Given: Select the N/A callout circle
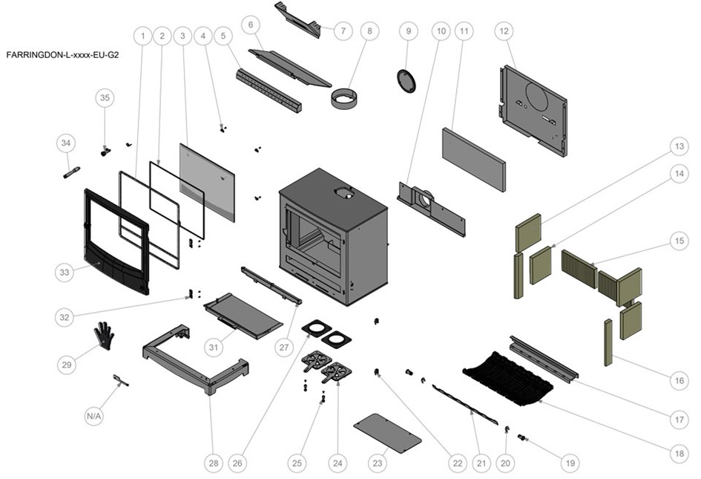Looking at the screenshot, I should [93, 417].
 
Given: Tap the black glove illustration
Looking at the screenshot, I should [104, 336].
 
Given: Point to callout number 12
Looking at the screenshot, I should [504, 32].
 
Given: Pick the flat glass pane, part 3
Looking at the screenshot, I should [208, 181].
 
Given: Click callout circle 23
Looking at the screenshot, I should [378, 463].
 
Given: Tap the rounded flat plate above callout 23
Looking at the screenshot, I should [388, 433].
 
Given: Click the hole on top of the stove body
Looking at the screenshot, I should [343, 194].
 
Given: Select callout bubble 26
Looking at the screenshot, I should [237, 463].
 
